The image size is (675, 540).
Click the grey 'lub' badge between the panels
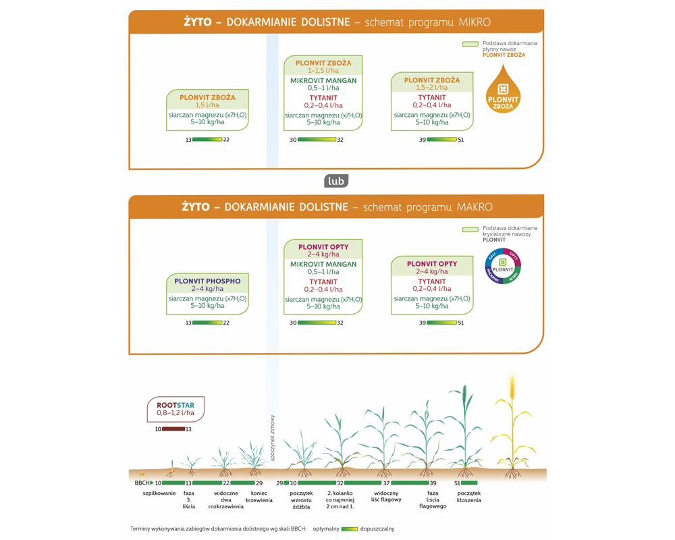(336, 181)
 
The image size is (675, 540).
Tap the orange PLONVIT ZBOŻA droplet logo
(503, 92)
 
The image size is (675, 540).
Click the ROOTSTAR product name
(175, 406)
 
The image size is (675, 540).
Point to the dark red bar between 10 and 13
(173, 429)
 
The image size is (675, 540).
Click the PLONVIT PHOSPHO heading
(207, 281)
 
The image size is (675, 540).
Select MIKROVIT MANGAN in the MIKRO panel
(323, 80)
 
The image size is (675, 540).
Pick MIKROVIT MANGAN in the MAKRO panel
(323, 265)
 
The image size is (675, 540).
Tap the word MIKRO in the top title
(475, 22)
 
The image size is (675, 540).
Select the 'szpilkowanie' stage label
(159, 493)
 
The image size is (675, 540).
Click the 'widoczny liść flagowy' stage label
(387, 497)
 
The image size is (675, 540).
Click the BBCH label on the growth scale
(142, 483)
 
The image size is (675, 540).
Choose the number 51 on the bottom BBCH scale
(457, 483)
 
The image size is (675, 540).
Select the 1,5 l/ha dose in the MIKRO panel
(207, 105)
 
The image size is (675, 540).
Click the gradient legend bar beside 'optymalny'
(350, 529)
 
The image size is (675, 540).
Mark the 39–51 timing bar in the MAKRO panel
(441, 323)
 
